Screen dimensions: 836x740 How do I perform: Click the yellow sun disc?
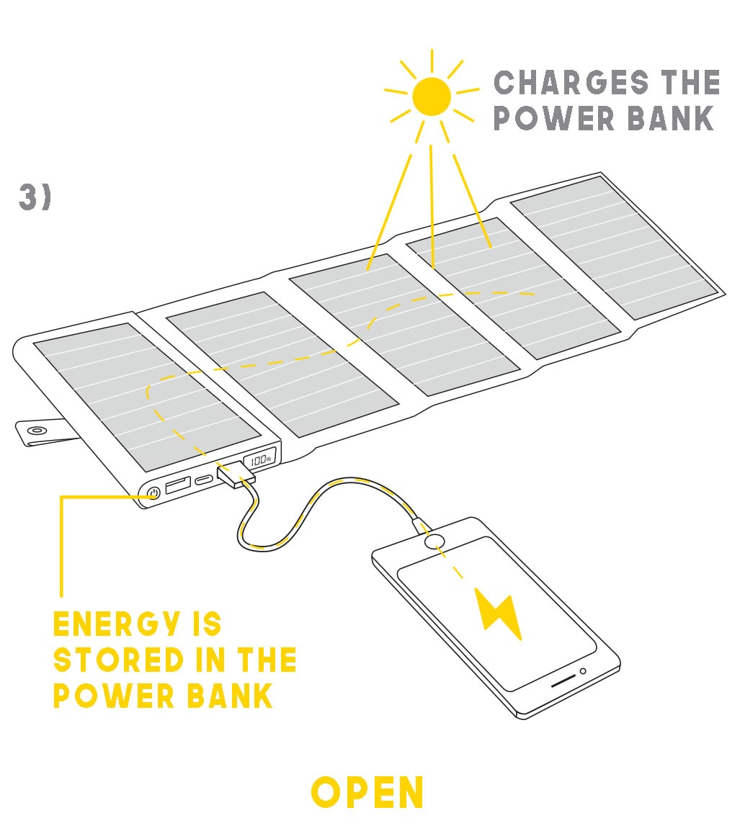(x=432, y=96)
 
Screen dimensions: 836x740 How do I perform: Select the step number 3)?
(x=35, y=198)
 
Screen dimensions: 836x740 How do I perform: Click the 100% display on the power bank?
(x=261, y=458)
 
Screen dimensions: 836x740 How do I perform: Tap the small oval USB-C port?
(x=203, y=480)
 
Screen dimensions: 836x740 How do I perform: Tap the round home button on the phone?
(x=435, y=541)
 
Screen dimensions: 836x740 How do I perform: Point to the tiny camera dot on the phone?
(x=583, y=671)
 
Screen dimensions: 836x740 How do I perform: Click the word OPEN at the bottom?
(x=367, y=793)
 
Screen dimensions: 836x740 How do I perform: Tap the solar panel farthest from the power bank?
(x=614, y=246)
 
